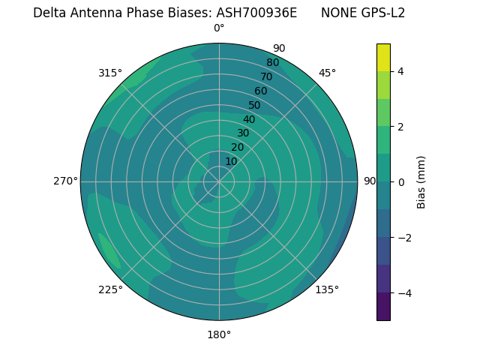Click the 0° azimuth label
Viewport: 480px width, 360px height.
pyautogui.click(x=219, y=28)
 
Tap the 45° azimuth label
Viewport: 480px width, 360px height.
pyautogui.click(x=327, y=73)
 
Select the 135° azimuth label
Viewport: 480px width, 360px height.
pyautogui.click(x=327, y=289)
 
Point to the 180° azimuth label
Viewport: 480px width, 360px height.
pyautogui.click(x=219, y=334)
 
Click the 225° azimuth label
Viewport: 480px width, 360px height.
pyautogui.click(x=110, y=289)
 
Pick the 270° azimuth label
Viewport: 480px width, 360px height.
pyautogui.click(x=66, y=181)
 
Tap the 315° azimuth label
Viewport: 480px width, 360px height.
pyautogui.click(x=110, y=73)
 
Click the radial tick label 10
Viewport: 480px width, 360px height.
pyautogui.click(x=231, y=161)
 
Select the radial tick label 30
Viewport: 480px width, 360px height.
pyautogui.click(x=243, y=133)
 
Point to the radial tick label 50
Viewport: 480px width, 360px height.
pyautogui.click(x=254, y=106)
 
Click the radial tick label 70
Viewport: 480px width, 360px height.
pyautogui.click(x=266, y=76)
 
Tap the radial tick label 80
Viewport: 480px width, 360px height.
pyautogui.click(x=272, y=63)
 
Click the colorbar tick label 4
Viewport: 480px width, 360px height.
pyautogui.click(x=401, y=71)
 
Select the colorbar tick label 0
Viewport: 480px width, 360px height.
pyautogui.click(x=401, y=181)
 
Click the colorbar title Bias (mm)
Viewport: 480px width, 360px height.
pyautogui.click(x=421, y=181)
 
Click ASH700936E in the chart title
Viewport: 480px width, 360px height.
pyautogui.click(x=256, y=13)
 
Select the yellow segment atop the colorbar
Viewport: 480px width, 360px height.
pyautogui.click(x=383, y=57)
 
